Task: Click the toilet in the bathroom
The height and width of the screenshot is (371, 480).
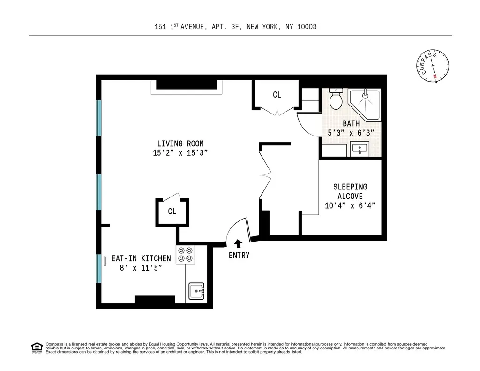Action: [x=336, y=98]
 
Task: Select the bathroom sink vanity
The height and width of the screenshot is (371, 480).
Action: [x=360, y=149]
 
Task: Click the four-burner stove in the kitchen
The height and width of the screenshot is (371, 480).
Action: [x=185, y=254]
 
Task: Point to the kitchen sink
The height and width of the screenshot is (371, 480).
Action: [x=196, y=291]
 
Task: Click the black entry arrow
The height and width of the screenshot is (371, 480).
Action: [x=238, y=243]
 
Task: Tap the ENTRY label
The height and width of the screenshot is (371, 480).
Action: [x=239, y=255]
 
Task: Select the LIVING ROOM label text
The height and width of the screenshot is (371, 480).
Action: [x=180, y=144]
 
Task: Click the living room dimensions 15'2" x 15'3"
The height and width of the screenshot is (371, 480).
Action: [x=180, y=153]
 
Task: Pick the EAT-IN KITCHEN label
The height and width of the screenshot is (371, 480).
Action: [x=141, y=258]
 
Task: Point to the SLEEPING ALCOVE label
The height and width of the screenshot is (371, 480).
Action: [x=350, y=191]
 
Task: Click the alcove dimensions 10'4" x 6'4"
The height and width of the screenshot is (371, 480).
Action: [x=350, y=205]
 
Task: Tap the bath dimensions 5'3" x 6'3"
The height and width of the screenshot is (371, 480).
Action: [x=351, y=133]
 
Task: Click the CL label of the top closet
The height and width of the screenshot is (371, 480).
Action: [x=277, y=95]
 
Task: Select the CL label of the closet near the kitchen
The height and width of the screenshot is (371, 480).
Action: [x=172, y=212]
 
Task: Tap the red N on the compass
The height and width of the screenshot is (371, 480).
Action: [x=435, y=76]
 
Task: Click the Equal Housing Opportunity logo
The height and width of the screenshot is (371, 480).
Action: [x=37, y=348]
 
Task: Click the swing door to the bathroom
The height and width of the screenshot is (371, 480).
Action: [x=307, y=124]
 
